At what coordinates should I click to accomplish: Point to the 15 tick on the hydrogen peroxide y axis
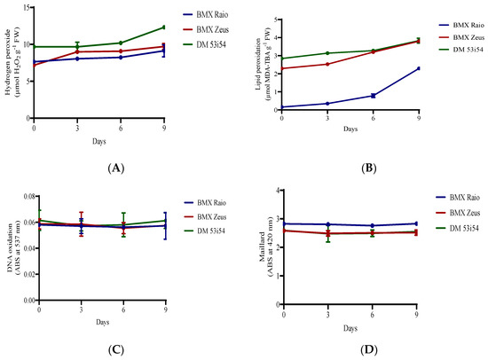coord(27,8)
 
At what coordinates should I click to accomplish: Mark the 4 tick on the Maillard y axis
coord(278,191)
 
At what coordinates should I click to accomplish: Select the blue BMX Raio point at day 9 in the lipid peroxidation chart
coord(417,68)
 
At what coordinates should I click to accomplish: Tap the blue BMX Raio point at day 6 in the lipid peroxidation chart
coord(373,96)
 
